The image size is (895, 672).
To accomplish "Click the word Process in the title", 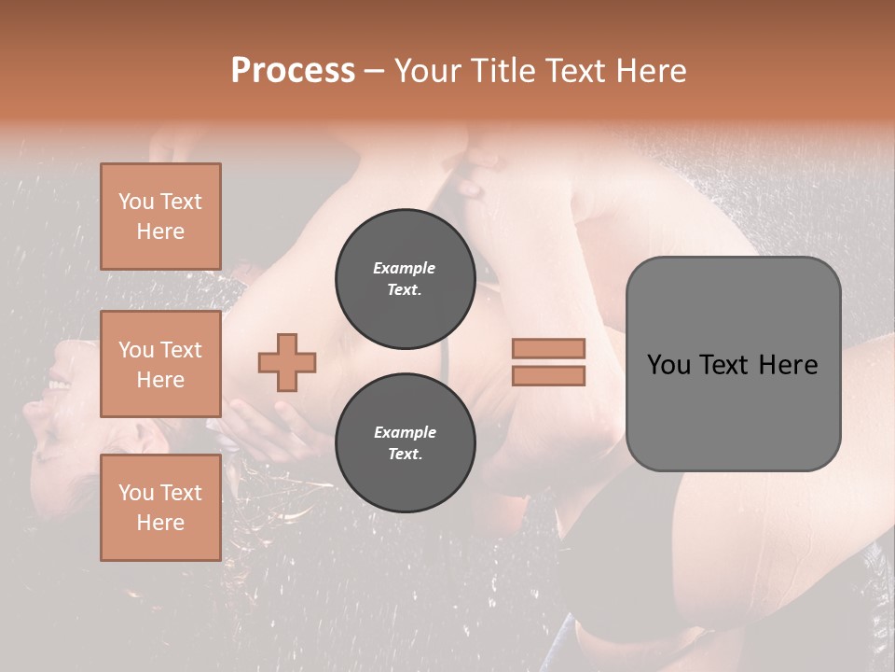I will (293, 71).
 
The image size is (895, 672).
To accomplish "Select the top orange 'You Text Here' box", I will (160, 217).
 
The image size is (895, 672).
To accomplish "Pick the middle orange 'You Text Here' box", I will (160, 364).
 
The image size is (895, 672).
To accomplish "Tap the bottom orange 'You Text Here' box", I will (160, 508).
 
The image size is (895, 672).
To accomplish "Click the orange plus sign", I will (287, 362).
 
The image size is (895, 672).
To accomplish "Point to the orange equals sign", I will (548, 362).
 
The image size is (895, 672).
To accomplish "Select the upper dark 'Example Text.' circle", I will (405, 278).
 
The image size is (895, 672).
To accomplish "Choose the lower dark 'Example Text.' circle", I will (405, 442).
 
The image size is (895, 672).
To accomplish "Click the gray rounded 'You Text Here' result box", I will (733, 364).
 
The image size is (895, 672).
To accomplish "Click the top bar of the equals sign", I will (548, 349).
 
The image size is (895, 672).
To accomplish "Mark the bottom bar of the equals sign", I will (548, 375).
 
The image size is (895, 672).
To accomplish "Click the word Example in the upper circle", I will (405, 268).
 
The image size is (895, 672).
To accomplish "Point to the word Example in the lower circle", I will (405, 432).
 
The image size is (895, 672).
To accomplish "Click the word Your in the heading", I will (428, 71).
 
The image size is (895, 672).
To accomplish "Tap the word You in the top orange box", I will (136, 202).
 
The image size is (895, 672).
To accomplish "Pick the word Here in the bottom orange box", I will (160, 523).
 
